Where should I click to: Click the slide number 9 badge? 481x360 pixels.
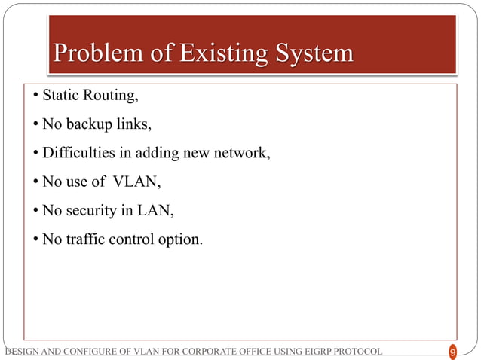(452, 352)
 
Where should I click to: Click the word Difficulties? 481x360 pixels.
(78, 154)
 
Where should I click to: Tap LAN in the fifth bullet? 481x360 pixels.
(155, 212)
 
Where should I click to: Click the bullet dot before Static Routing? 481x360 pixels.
(35, 96)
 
